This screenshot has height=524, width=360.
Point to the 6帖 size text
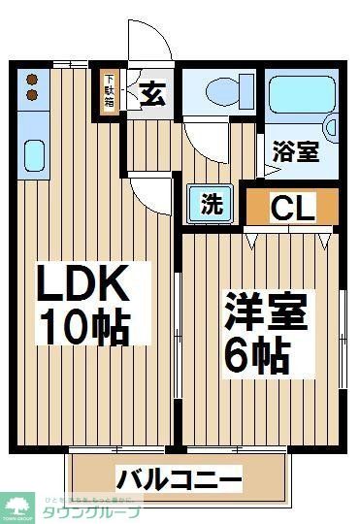click(x=257, y=356)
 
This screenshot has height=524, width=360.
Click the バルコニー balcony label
click(x=180, y=478)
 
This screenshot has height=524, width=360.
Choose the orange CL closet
click(x=292, y=207)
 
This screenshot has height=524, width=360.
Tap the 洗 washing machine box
click(x=211, y=206)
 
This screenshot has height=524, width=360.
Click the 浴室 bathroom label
click(x=296, y=152)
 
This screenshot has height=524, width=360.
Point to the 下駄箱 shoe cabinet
click(x=110, y=92)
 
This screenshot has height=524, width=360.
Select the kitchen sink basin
click(x=33, y=154)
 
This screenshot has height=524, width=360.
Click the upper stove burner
click(x=32, y=79)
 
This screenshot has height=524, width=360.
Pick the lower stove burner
click(x=32, y=94)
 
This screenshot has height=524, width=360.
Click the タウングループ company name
click(x=93, y=511)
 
